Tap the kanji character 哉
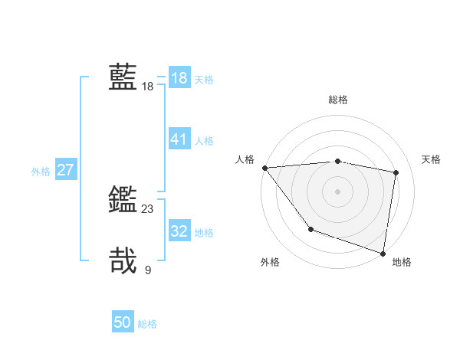123,260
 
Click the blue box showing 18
179,78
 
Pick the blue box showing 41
179,139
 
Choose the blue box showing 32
179,231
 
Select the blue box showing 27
65,170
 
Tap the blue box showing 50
123,322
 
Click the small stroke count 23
148,208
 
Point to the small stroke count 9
148,270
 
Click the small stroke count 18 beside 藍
148,87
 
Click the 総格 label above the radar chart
338,100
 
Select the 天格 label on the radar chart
431,159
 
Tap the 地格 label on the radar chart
402,262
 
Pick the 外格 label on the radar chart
270,262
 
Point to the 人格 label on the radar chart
245,159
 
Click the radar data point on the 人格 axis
264,168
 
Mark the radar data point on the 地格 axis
383,253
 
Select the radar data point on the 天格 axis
396,172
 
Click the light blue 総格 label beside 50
147,324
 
